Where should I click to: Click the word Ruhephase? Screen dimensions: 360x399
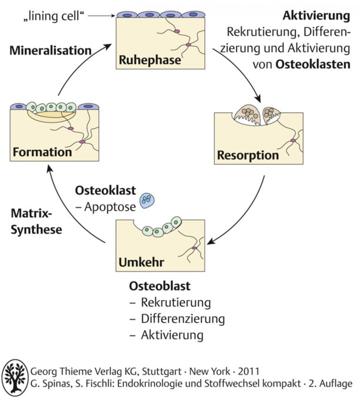[150, 60]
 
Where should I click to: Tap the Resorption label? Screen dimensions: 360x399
[248, 155]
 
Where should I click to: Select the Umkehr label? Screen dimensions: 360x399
[141, 262]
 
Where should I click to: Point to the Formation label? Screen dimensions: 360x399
[42, 152]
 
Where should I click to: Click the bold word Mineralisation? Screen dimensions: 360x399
[51, 51]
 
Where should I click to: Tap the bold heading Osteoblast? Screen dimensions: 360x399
[159, 286]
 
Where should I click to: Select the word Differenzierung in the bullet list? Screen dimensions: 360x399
[183, 318]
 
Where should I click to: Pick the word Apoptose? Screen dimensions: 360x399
[110, 207]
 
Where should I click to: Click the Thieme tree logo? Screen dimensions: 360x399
[15, 376]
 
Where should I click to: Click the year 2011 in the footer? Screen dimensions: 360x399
[248, 371]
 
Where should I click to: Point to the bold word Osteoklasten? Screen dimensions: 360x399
[313, 64]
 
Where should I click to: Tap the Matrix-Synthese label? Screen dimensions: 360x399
[37, 221]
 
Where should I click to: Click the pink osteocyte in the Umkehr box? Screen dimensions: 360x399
[195, 248]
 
